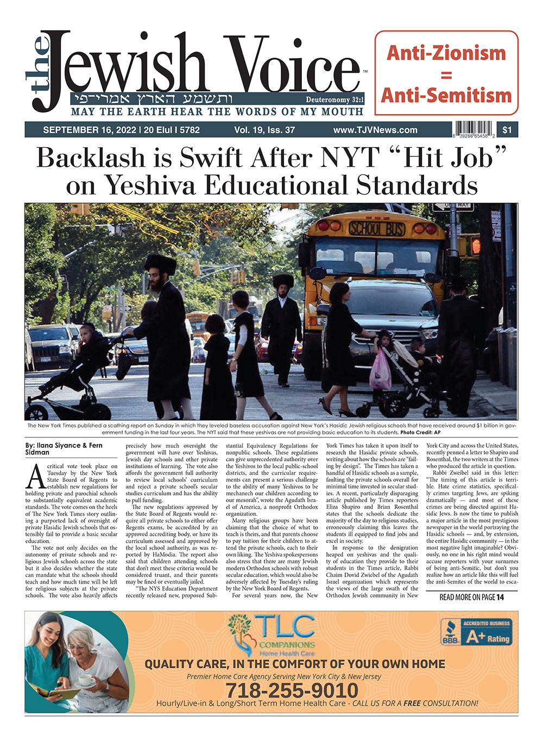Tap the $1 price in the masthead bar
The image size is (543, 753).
coord(507,130)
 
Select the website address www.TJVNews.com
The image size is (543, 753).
coord(375,130)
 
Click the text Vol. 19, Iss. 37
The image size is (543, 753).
coord(264,130)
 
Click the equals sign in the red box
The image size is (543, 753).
coord(446,75)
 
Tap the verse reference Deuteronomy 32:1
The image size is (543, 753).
coord(334,100)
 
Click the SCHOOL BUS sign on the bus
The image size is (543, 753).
coord(376,228)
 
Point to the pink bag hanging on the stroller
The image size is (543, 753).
coord(380,369)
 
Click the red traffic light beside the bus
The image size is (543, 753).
coord(476,246)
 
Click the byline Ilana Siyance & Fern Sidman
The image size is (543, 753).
coord(64,449)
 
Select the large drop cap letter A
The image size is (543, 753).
coord(35,477)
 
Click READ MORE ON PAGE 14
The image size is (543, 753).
coord(471,597)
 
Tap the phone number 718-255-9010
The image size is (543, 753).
coord(292,691)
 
